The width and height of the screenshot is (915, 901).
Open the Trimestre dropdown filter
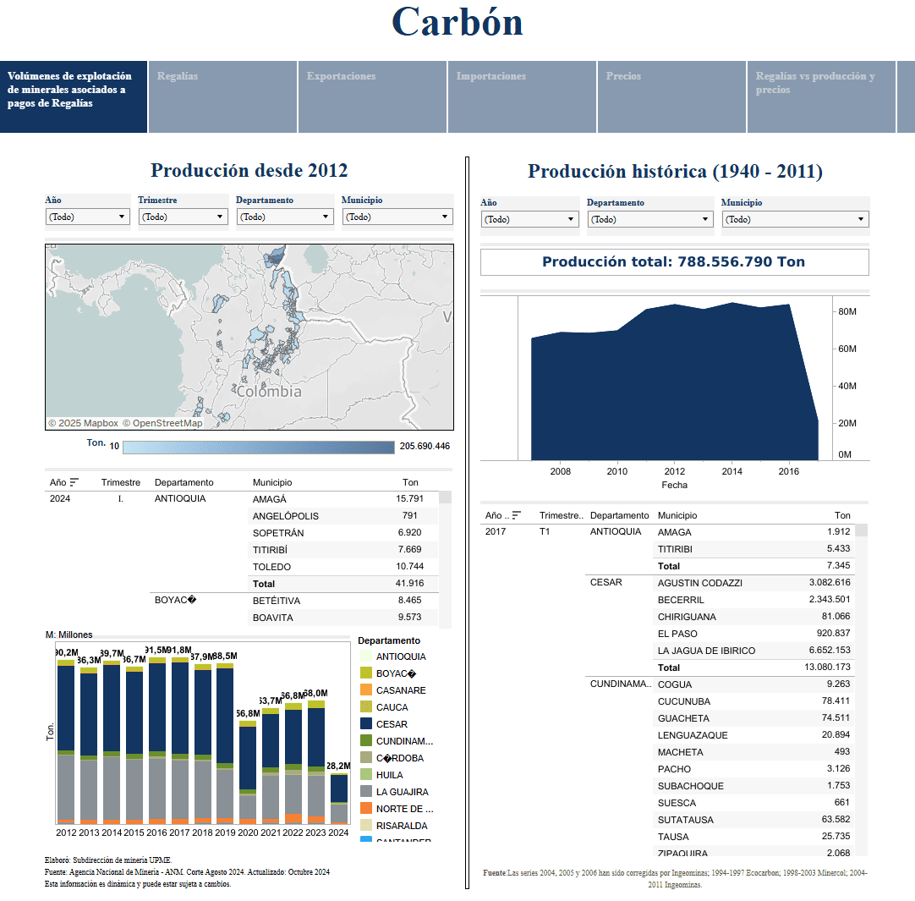[183, 217]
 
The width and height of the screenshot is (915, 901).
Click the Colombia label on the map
[269, 392]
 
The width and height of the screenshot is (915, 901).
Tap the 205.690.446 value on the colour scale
[425, 446]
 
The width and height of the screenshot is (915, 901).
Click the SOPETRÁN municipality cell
[278, 533]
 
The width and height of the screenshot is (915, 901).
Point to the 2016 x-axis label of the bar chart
[157, 832]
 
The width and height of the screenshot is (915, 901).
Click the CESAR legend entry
[392, 724]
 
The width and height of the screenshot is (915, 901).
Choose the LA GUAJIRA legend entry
[402, 792]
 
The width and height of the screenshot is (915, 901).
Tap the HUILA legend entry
[389, 775]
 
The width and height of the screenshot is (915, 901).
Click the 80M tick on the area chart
[847, 312]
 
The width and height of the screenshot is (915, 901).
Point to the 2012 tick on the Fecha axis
[675, 471]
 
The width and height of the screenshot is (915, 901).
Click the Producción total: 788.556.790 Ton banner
[674, 262]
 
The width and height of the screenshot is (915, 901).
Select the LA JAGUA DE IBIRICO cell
[706, 651]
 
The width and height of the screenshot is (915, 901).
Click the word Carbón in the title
[457, 22]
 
